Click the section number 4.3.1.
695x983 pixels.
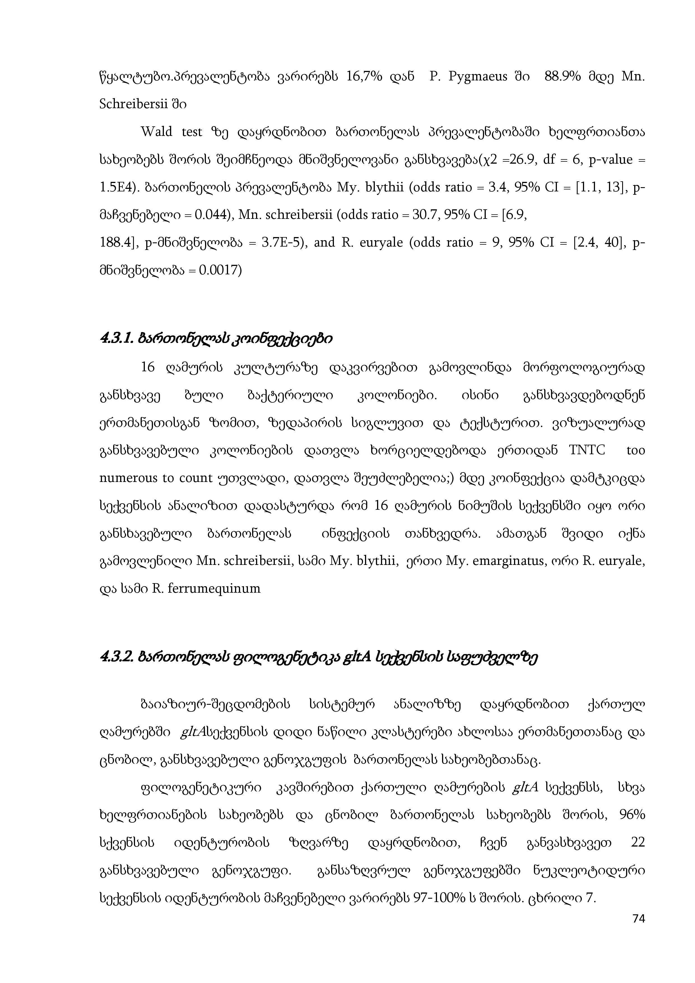click(x=117, y=339)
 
